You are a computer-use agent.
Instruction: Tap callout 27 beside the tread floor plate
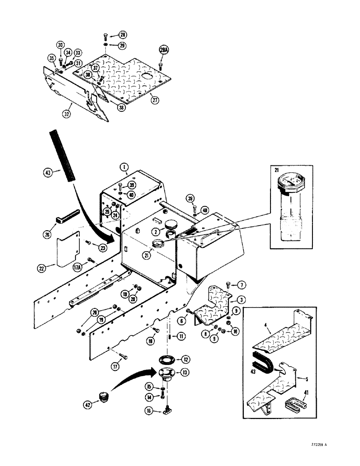154,99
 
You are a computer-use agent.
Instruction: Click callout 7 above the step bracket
242,285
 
